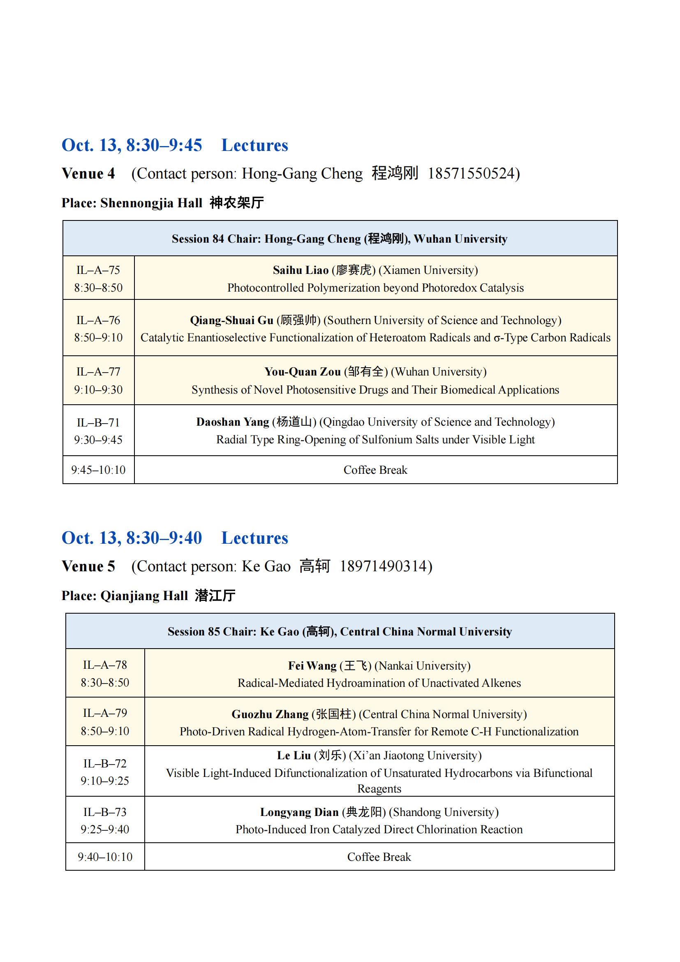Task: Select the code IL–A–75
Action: click(x=98, y=270)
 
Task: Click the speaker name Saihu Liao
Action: click(x=301, y=270)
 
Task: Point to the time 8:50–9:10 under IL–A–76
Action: click(x=98, y=338)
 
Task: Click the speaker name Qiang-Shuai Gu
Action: click(x=231, y=320)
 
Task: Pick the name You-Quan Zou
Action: click(x=302, y=372)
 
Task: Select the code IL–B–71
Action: click(x=98, y=422)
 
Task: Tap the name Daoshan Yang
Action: click(x=233, y=422)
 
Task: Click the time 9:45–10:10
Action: click(x=98, y=470)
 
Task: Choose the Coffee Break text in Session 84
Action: click(x=375, y=470)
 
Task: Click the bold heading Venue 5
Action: click(x=88, y=566)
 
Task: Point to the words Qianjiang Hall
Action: click(x=144, y=596)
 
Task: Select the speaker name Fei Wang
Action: click(x=312, y=666)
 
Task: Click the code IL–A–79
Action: click(x=105, y=713)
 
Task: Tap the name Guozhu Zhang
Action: click(x=270, y=714)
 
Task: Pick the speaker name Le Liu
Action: click(x=294, y=756)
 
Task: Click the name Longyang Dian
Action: click(x=299, y=812)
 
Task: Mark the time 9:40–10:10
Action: click(x=105, y=857)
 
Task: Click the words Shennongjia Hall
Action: click(x=151, y=203)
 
